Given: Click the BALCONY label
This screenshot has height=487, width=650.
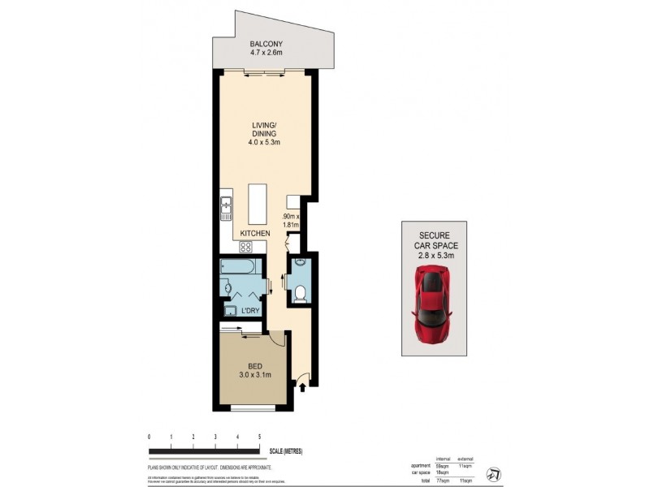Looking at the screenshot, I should [x=266, y=45].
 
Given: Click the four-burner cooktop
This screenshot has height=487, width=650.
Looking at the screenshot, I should [x=244, y=247].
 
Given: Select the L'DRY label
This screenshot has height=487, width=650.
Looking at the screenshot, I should [x=249, y=311].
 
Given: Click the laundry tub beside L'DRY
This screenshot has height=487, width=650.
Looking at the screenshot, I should [x=230, y=311].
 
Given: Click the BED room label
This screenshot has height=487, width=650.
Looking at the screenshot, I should [x=253, y=364].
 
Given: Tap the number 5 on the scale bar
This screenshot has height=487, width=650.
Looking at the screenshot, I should [x=258, y=437].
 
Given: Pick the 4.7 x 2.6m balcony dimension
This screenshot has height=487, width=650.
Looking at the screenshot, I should [x=266, y=55].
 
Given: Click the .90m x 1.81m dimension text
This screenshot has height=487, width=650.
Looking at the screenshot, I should [x=292, y=222].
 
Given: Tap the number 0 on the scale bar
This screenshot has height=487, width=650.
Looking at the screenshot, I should [x=149, y=437].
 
